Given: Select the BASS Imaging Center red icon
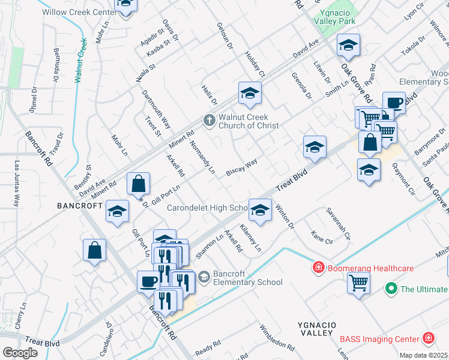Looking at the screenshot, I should pyautogui.click(x=428, y=339).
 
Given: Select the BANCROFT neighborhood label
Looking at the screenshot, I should pyautogui.click(x=79, y=205).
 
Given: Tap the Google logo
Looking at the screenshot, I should pyautogui.click(x=20, y=353).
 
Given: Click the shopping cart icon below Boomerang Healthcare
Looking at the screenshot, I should pyautogui.click(x=358, y=281).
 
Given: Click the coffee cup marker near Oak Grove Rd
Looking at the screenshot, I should pyautogui.click(x=394, y=103).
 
